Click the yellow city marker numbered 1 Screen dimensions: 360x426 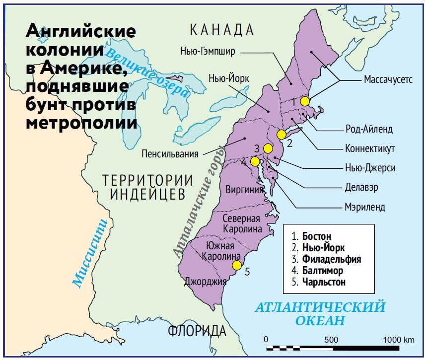click(305, 101)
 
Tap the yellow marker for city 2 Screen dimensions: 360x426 click(282, 135)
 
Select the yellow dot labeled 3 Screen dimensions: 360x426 click(268, 148)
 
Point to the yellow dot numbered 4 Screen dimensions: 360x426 click(255, 161)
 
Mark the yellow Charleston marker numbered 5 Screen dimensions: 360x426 click(237, 265)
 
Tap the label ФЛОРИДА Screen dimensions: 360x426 click(197, 331)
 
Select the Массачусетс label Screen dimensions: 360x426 click(388, 80)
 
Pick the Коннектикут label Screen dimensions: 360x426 click(370, 148)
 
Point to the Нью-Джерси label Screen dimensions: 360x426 click(370, 168)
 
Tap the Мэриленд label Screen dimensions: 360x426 click(364, 207)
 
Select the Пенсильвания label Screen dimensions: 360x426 click(170, 153)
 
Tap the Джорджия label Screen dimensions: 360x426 click(205, 282)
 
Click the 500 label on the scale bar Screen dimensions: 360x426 click(331, 340)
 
